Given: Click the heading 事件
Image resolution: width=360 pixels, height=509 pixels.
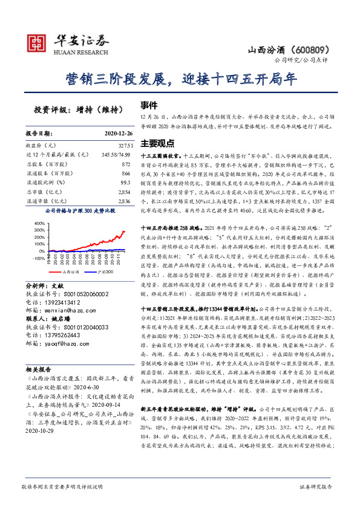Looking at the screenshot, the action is [149, 104].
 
